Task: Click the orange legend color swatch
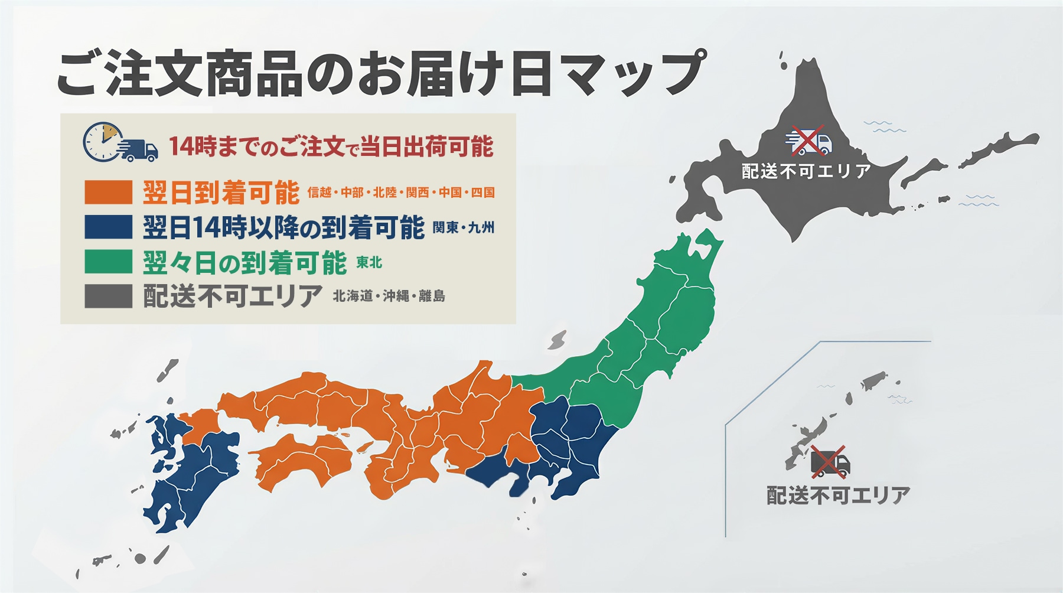pyautogui.click(x=108, y=192)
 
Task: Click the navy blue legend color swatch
pyautogui.click(x=108, y=227)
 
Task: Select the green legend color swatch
pyautogui.click(x=108, y=262)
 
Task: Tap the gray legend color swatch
pyautogui.click(x=108, y=296)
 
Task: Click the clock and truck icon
pyautogui.click(x=120, y=143)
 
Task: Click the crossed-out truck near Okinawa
pyautogui.click(x=829, y=462)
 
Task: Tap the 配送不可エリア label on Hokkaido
pyautogui.click(x=806, y=171)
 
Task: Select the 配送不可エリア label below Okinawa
pyautogui.click(x=838, y=495)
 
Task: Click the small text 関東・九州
pyautogui.click(x=464, y=227)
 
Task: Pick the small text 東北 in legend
pyautogui.click(x=370, y=262)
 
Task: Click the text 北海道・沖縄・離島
pyautogui.click(x=389, y=296)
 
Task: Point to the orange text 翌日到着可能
pyautogui.click(x=221, y=193)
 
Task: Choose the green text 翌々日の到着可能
pyautogui.click(x=244, y=262)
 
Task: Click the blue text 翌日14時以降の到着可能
pyautogui.click(x=283, y=227)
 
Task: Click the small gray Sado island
pyautogui.click(x=557, y=340)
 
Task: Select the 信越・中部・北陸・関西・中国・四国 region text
pyautogui.click(x=401, y=193)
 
